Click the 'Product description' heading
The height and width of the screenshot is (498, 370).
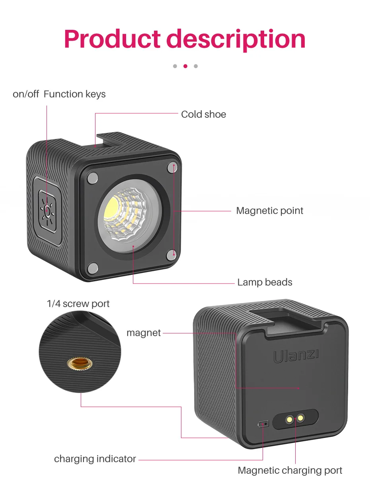click(x=185, y=39)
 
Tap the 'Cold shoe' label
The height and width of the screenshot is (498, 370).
click(x=203, y=115)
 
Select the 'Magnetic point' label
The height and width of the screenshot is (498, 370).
click(x=269, y=210)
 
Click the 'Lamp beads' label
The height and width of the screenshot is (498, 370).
click(x=265, y=282)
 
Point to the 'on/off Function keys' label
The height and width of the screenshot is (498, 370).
click(x=59, y=94)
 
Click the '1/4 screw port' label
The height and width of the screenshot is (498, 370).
click(x=78, y=304)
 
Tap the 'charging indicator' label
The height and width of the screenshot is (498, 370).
click(x=95, y=459)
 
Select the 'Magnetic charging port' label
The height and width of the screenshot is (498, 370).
click(x=290, y=471)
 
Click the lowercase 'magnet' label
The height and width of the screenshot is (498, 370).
click(x=144, y=333)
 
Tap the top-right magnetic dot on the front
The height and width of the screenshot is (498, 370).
click(x=172, y=167)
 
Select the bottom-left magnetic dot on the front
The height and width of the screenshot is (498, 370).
click(x=92, y=268)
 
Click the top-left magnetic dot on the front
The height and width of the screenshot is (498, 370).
click(x=92, y=177)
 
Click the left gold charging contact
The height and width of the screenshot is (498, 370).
click(x=290, y=419)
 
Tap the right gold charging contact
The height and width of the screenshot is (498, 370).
click(x=301, y=417)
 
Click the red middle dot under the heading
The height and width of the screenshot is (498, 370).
click(x=185, y=66)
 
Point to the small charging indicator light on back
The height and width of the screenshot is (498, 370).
click(x=263, y=424)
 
